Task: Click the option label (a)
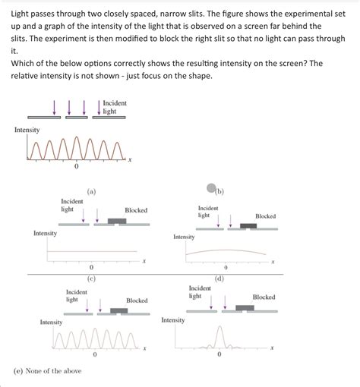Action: (91, 192)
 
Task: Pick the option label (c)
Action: (91, 278)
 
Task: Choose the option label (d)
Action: (219, 278)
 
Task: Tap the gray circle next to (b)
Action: (211, 189)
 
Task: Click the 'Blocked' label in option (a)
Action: (136, 210)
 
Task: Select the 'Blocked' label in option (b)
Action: (266, 216)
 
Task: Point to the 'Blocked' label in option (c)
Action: (137, 300)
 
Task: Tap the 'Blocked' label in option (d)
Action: (264, 297)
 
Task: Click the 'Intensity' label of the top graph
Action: (27, 130)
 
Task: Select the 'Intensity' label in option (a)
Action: (45, 233)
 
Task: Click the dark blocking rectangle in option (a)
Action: (117, 221)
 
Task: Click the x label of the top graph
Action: (129, 159)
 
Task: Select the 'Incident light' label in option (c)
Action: (77, 295)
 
